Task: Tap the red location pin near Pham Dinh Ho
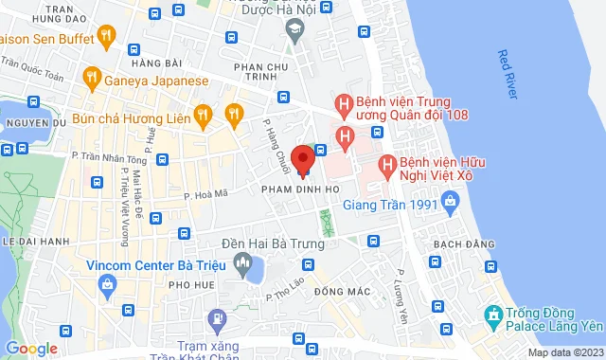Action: coord(302,159)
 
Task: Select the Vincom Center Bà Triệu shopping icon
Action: coord(107,283)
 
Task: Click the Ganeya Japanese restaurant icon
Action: coord(92,78)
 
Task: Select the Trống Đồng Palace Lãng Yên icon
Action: coord(492,315)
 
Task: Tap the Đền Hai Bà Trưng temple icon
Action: coord(243,261)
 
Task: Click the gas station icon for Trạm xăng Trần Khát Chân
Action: coord(216,319)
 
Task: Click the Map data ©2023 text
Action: coord(565,352)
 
